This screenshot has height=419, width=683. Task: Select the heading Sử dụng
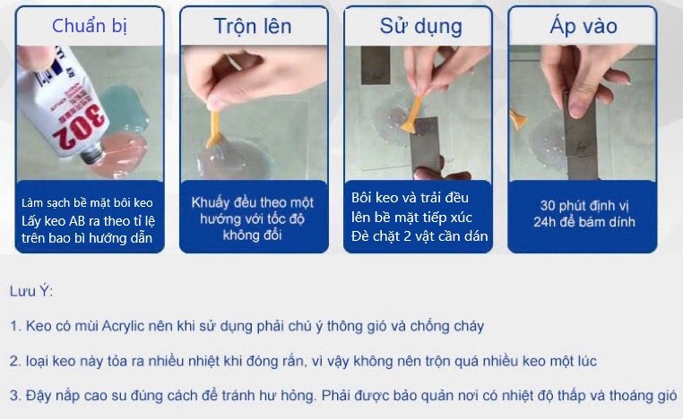[x=420, y=25]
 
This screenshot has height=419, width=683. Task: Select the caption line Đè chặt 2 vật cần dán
[x=419, y=236]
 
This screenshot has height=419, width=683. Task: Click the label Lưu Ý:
[x=33, y=292]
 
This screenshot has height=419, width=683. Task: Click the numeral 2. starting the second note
[x=15, y=361]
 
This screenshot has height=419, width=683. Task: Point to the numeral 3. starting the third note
[x=15, y=395]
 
